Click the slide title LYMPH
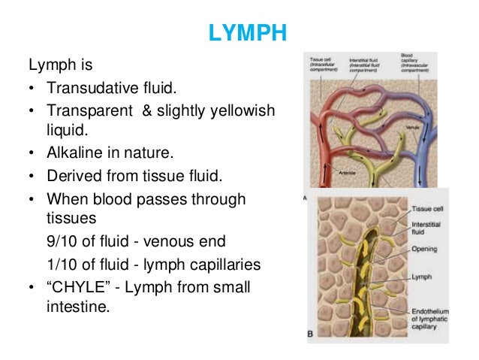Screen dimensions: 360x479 pyautogui.click(x=239, y=35)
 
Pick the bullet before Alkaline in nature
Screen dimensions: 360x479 pyautogui.click(x=31, y=153)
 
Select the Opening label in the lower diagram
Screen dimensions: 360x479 pyautogui.click(x=424, y=248)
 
